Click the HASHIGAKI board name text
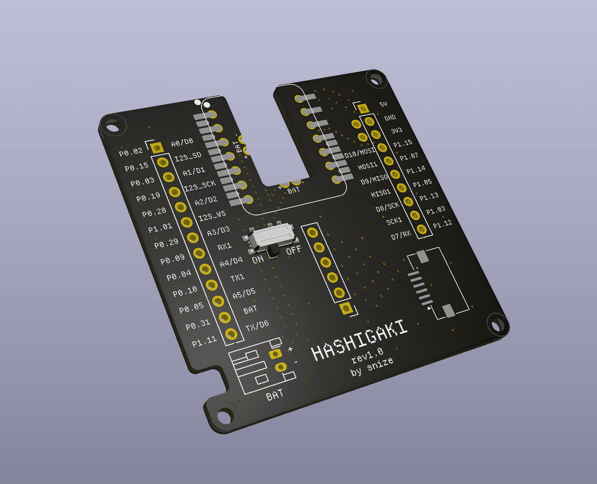[x=360, y=340]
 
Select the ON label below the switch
[x=258, y=259]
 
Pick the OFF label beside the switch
[x=294, y=250]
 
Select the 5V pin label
[x=383, y=105]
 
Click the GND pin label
[x=390, y=118]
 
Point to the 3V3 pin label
[x=397, y=131]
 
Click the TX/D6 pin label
[x=257, y=325]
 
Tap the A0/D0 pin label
[x=182, y=143]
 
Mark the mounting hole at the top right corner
[x=373, y=78]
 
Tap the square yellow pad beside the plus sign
[x=275, y=354]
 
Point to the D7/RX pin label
[x=400, y=235]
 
